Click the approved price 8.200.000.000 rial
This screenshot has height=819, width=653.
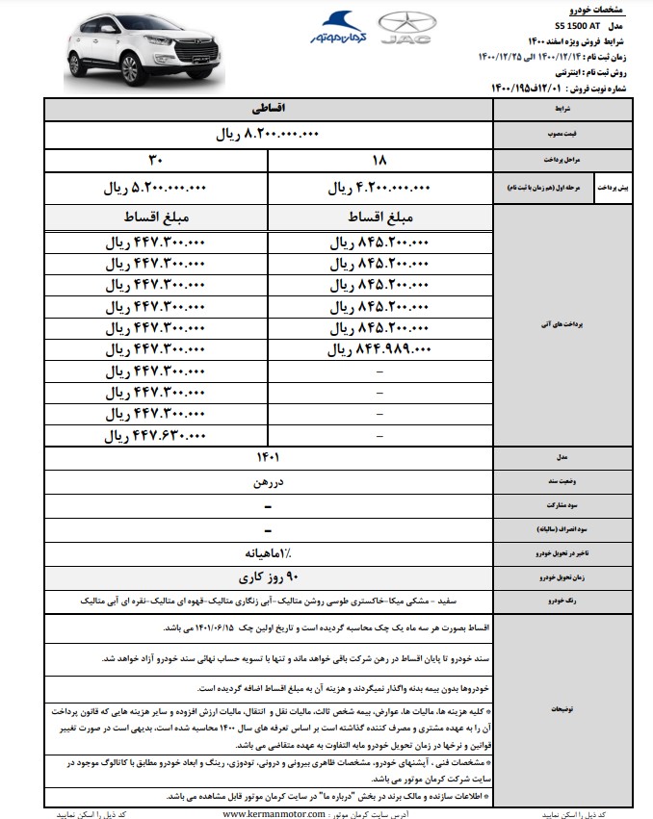pyautogui.click(x=267, y=136)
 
